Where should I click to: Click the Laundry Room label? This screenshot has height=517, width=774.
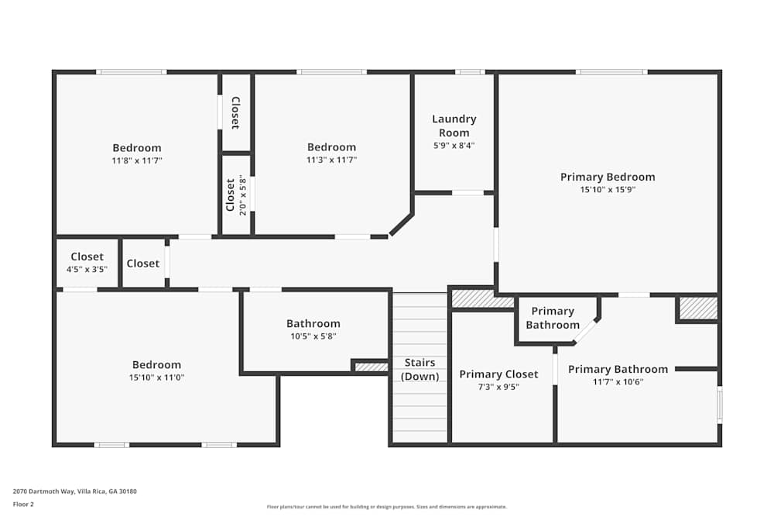454,126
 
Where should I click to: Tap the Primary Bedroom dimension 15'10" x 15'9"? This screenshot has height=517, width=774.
608,189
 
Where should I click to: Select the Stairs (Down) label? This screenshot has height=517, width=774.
420,370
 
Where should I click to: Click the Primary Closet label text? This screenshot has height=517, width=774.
498,374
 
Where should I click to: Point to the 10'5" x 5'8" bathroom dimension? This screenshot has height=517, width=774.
313,336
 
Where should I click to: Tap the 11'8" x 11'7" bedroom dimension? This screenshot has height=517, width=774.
137,160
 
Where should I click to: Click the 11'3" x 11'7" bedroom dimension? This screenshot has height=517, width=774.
331,160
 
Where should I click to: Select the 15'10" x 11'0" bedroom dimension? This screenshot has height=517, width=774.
157,377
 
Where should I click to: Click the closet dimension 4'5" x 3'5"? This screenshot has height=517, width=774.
87,269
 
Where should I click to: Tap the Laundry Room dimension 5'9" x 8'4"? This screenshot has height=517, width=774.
454,145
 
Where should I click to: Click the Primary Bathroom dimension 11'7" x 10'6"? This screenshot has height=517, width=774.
618,381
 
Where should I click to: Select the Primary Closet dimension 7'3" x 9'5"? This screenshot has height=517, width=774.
498,386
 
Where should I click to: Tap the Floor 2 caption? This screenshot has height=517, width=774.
23,504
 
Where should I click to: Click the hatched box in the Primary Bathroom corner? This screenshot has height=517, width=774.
698,308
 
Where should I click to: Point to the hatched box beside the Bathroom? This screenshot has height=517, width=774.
371,367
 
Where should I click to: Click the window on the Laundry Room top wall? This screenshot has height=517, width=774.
469,72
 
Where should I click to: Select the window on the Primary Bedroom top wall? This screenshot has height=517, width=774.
611,72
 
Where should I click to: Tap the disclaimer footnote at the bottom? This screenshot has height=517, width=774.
387,506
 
